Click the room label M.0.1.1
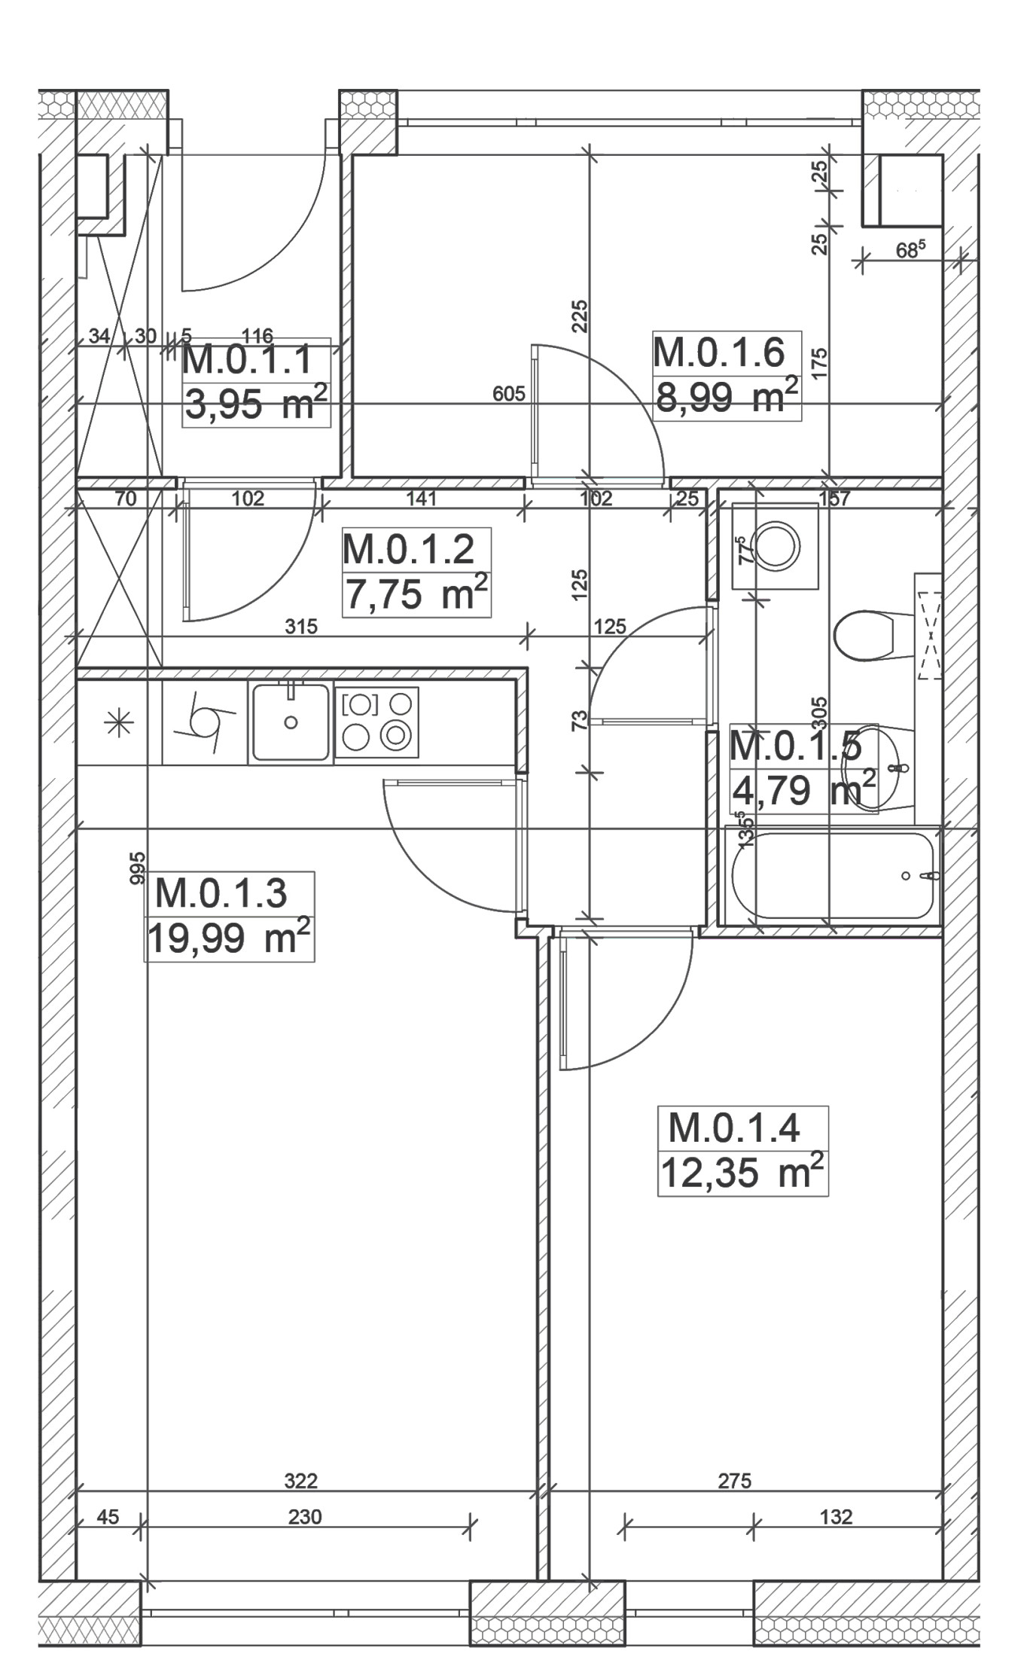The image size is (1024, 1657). (247, 360)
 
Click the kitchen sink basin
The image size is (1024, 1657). (291, 722)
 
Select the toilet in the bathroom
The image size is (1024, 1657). (864, 636)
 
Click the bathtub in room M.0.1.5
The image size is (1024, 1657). (833, 875)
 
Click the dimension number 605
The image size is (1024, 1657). (508, 394)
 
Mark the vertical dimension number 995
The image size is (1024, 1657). (137, 868)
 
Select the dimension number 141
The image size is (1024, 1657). (422, 498)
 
